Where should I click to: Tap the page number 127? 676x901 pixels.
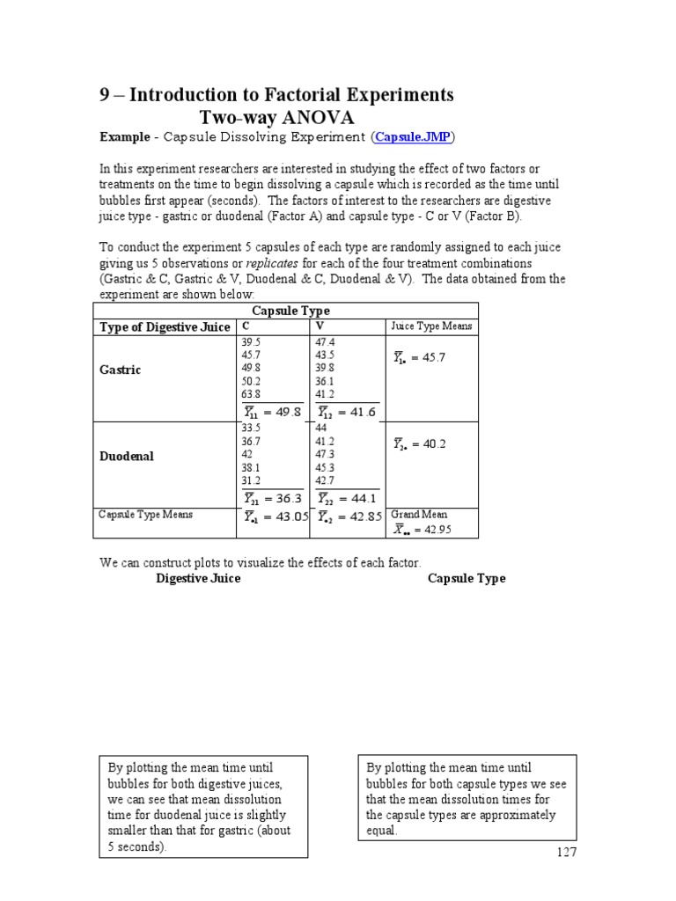pos(565,853)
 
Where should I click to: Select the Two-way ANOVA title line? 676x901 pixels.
pos(276,118)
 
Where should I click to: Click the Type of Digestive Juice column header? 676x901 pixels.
pos(165,327)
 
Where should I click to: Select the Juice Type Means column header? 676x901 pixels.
pos(431,326)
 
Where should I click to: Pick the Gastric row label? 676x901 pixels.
pos(121,370)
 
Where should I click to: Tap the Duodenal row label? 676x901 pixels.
pos(127,457)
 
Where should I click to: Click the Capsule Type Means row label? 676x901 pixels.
pos(145,515)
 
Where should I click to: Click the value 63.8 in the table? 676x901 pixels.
pos(251,395)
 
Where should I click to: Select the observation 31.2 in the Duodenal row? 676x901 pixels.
pos(251,481)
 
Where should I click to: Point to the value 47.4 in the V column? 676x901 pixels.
pos(326,342)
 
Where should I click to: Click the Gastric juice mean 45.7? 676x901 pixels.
pos(430,358)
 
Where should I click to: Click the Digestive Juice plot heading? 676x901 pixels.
pos(198,578)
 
